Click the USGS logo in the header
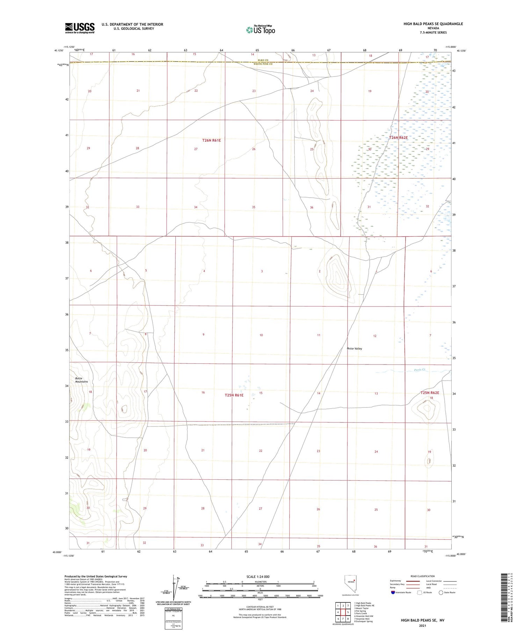80,28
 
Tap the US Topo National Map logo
261,30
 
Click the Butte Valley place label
354,348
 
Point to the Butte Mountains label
81,380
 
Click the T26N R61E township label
211,140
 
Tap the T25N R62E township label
429,393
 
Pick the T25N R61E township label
234,395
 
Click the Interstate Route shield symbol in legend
393,592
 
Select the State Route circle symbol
441,592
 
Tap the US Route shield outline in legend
420,592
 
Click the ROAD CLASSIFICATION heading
423,576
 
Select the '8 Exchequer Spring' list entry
363,621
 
